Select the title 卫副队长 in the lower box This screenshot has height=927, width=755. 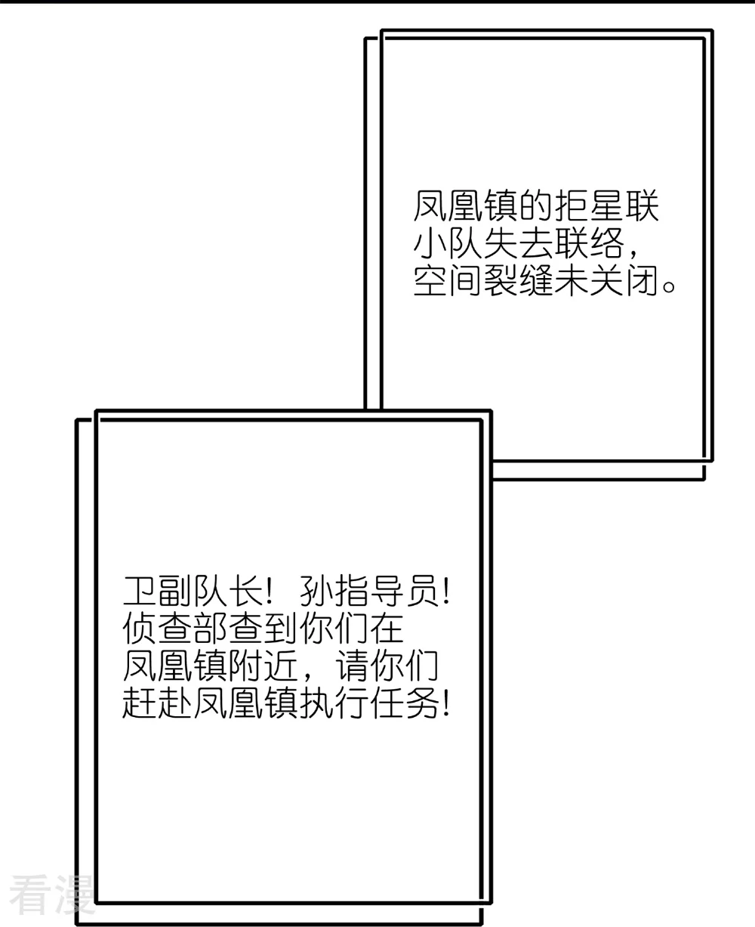click(193, 591)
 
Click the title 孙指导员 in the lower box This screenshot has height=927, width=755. click(369, 591)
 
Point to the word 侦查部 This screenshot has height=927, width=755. click(175, 629)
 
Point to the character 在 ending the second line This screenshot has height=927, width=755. click(387, 629)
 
